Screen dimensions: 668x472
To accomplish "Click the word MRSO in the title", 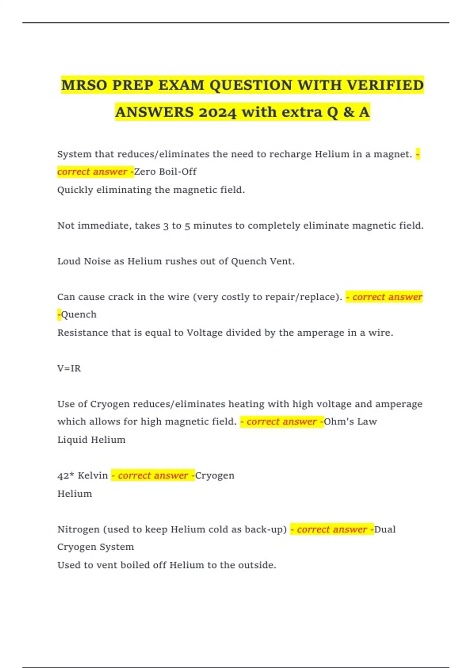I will click(x=84, y=85).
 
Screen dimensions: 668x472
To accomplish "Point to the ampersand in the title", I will click(x=348, y=112).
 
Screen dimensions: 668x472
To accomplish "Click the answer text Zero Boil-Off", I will click(x=165, y=172).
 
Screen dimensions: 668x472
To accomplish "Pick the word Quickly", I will click(x=75, y=190).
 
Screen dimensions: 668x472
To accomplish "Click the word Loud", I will click(x=69, y=261).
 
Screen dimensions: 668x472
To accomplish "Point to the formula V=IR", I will click(x=69, y=369).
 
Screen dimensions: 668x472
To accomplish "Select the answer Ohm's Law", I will click(x=350, y=422).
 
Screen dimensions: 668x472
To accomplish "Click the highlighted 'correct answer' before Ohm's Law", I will click(x=282, y=422).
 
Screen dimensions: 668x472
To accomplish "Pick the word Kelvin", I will click(x=93, y=475).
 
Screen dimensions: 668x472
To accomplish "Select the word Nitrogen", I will click(x=78, y=529).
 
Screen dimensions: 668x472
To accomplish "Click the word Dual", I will click(x=385, y=529).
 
